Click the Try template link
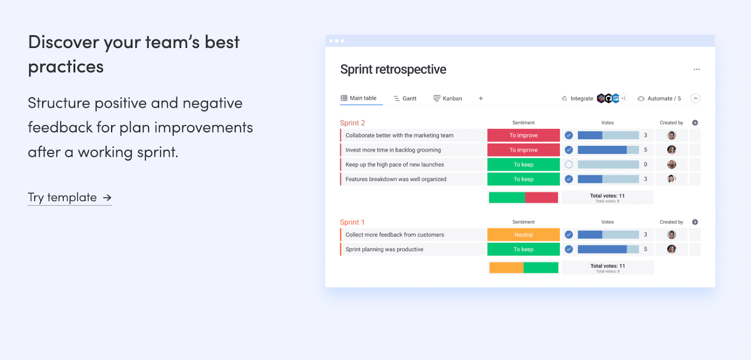(x=70, y=197)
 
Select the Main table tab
(x=359, y=98)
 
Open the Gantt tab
(x=405, y=98)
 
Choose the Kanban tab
(x=448, y=98)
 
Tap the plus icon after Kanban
(x=481, y=98)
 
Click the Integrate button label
(x=582, y=99)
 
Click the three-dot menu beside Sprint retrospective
(x=697, y=69)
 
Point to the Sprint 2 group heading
(x=353, y=123)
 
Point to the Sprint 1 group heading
(x=352, y=222)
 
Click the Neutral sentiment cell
(x=523, y=235)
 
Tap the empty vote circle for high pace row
(x=568, y=165)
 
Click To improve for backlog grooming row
(x=523, y=150)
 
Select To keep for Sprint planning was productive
(x=523, y=249)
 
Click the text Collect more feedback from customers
(x=395, y=235)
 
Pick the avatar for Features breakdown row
(x=671, y=179)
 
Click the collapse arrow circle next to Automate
(x=695, y=99)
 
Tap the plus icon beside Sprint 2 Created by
(x=695, y=123)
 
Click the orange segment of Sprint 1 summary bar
(x=506, y=268)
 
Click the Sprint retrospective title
(x=393, y=69)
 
